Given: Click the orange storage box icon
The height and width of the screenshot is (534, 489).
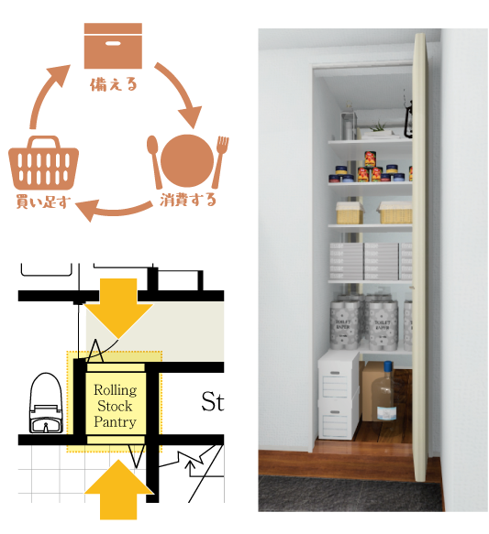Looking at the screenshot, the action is (113, 46).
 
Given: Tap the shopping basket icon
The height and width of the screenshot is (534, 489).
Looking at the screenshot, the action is (44, 163).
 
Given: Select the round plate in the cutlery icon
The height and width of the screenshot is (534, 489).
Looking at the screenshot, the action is (187, 160).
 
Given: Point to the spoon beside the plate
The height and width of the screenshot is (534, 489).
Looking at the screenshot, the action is (154, 162).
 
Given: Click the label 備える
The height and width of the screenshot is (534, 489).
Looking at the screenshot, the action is (114, 84).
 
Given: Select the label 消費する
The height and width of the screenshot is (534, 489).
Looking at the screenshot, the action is (188, 200).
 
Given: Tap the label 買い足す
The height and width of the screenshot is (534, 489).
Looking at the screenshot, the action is (43, 202).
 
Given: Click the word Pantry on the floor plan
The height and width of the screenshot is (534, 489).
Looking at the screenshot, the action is (115, 421).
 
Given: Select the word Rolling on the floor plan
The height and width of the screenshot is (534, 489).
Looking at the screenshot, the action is (116, 390).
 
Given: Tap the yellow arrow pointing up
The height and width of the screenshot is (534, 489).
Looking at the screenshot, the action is (118, 489).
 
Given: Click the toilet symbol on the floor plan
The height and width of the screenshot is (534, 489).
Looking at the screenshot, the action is (46, 403).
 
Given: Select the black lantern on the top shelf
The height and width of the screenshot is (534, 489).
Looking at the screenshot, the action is (408, 117).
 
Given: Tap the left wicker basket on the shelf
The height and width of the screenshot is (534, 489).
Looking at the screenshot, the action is (349, 213).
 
